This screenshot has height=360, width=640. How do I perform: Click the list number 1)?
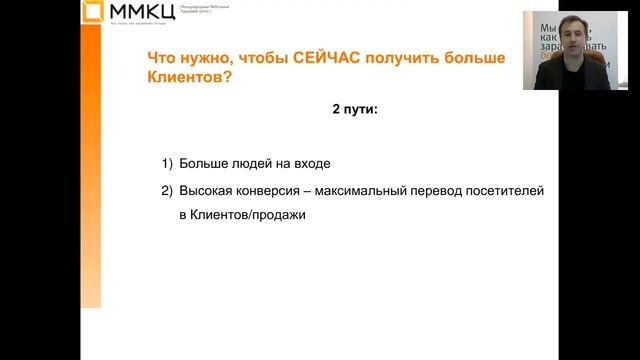pos(167,162)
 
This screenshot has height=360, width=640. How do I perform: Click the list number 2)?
pos(167,190)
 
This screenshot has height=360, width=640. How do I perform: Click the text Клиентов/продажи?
pos(243,214)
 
